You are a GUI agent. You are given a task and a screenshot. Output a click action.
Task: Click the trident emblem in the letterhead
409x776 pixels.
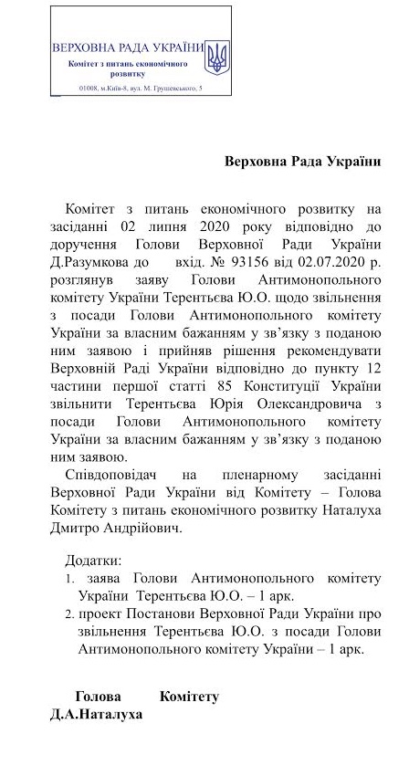(x=216, y=57)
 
